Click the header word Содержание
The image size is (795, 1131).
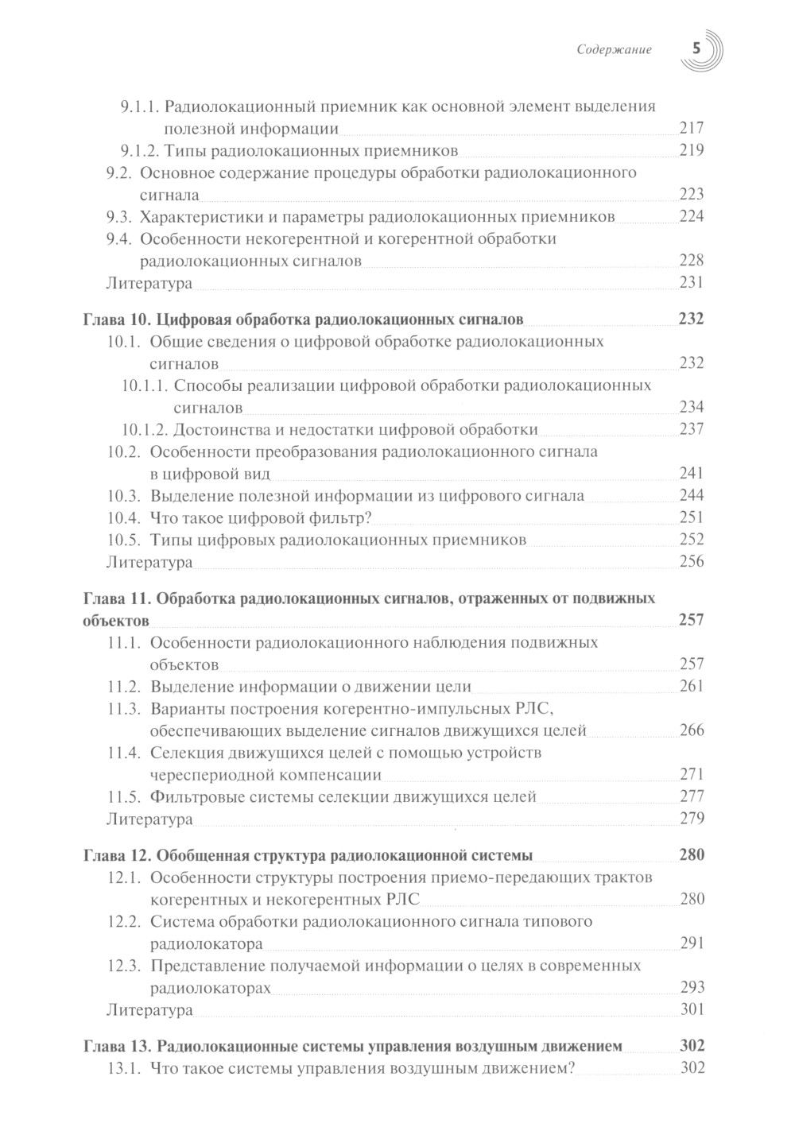[x=615, y=49]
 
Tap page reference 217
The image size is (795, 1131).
[x=692, y=129]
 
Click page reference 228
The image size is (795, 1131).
[x=692, y=261]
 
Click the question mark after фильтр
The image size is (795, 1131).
[x=369, y=518]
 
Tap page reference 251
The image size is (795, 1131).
[x=692, y=518]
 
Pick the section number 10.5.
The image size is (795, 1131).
[x=124, y=540]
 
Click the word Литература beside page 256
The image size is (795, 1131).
[x=149, y=563]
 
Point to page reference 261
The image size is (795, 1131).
[x=692, y=687]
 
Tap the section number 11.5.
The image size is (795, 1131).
[x=124, y=796]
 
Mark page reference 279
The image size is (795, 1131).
[x=692, y=819]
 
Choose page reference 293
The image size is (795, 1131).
[x=692, y=989]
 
